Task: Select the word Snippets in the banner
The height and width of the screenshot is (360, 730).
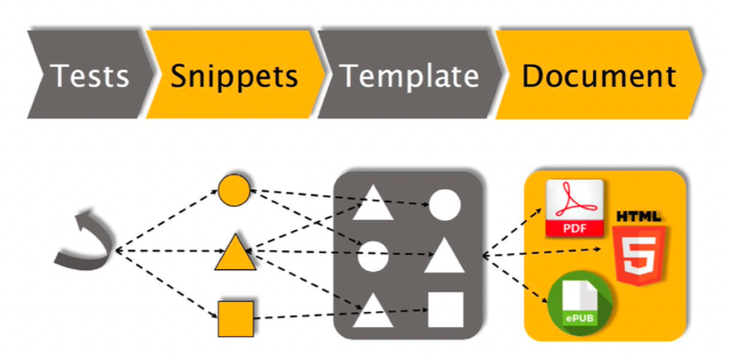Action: [x=234, y=76]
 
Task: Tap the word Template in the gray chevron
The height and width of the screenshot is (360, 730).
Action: [x=409, y=76]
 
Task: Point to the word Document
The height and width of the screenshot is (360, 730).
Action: [x=598, y=76]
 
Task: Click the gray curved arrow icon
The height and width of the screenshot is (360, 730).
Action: [x=84, y=241]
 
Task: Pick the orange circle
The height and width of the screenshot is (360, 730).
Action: [x=234, y=190]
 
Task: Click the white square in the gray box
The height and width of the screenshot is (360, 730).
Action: [x=447, y=309]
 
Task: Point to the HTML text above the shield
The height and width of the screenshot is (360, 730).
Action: [x=639, y=217]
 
